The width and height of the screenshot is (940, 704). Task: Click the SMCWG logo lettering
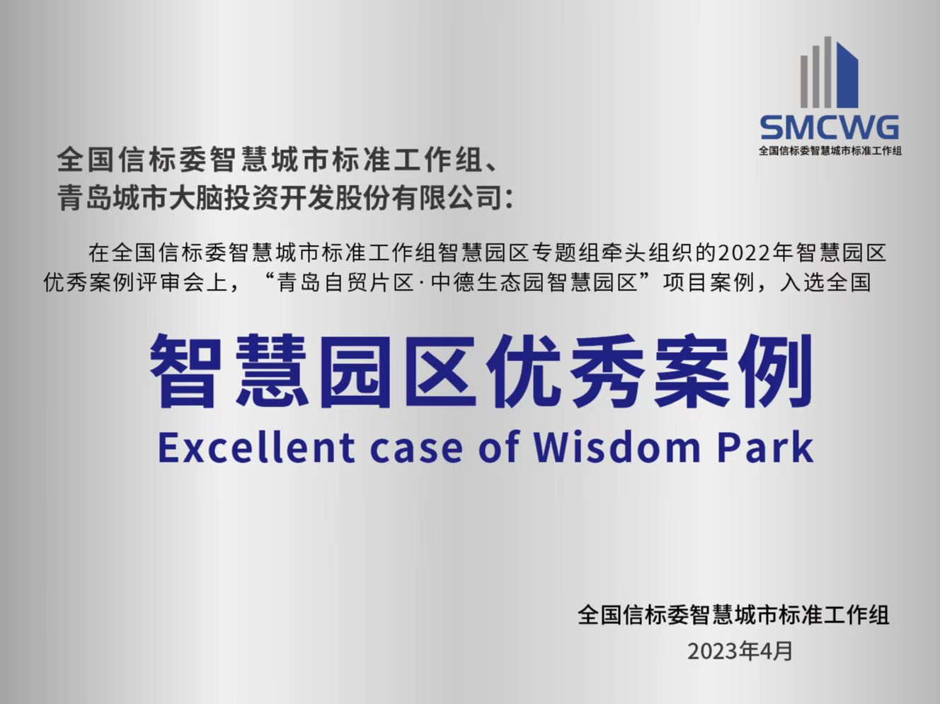tap(830, 127)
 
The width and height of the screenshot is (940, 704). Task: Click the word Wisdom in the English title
tap(617, 448)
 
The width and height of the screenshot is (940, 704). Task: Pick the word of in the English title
tap(499, 448)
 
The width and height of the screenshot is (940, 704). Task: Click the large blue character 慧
tap(269, 370)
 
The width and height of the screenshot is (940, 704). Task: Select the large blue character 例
tap(776, 370)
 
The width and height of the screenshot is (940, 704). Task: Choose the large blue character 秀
tap(607, 370)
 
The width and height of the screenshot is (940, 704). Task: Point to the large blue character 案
tap(691, 370)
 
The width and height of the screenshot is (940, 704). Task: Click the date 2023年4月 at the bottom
tap(740, 652)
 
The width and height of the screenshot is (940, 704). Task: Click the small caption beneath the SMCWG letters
tap(830, 151)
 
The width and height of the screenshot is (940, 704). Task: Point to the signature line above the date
tap(733, 615)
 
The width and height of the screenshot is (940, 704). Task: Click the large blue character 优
tap(522, 370)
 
